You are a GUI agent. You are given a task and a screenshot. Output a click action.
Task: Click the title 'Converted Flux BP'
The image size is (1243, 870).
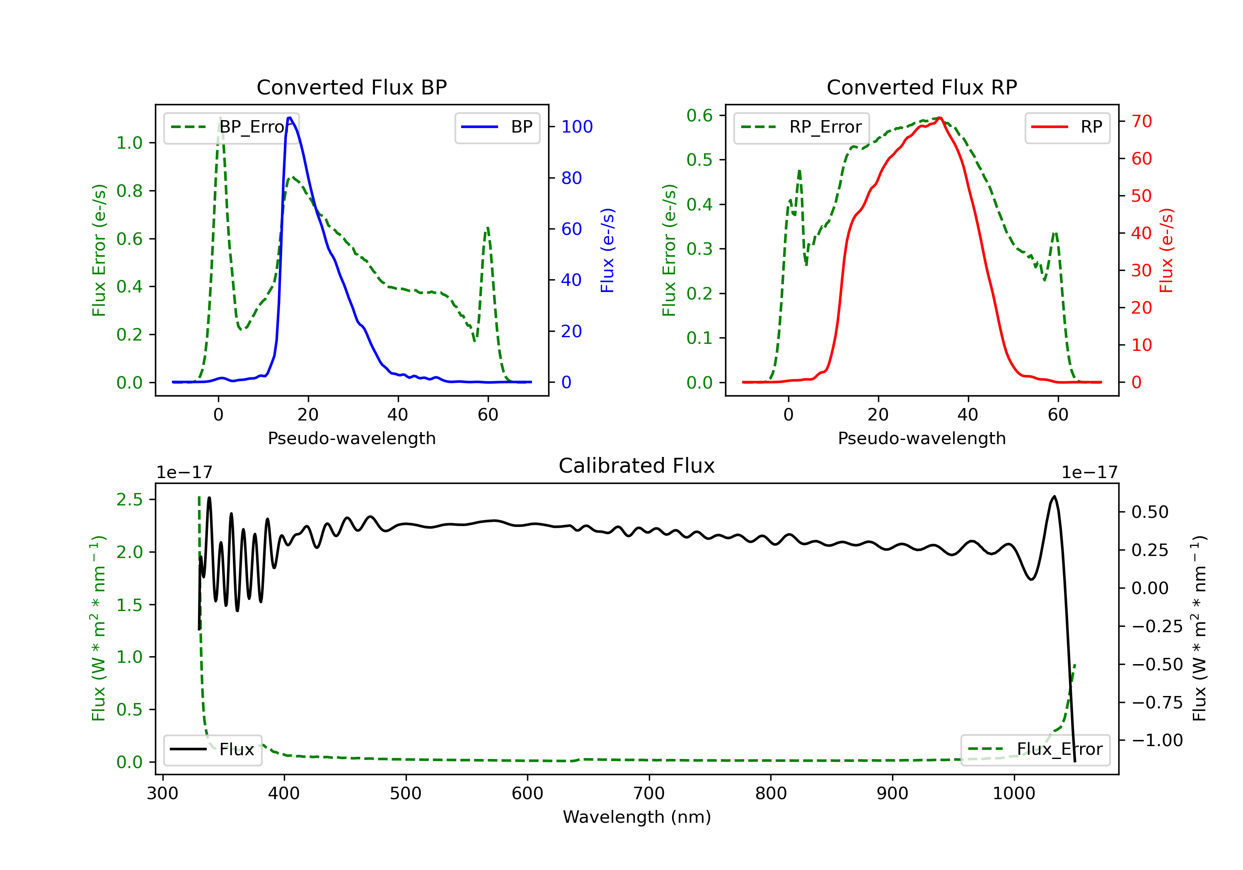351,87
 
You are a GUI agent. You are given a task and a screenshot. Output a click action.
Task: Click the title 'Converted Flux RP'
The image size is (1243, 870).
921,87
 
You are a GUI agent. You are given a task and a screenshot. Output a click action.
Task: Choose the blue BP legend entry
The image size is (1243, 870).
497,127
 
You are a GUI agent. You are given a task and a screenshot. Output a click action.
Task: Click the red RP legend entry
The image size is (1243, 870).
1067,127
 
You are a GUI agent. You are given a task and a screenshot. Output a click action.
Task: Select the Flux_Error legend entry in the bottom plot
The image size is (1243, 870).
1035,749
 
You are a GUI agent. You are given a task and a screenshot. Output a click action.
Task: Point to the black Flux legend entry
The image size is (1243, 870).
212,749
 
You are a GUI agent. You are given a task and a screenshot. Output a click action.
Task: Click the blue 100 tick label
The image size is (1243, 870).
577,127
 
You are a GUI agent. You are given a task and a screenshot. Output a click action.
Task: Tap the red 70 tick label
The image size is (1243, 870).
1142,121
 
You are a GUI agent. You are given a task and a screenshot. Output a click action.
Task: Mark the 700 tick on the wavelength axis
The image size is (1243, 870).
648,794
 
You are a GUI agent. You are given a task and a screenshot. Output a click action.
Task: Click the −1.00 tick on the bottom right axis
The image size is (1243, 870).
1157,740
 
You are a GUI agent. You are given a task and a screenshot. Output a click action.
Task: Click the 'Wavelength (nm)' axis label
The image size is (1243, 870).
637,817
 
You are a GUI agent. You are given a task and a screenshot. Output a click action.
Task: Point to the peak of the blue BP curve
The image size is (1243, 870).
290,118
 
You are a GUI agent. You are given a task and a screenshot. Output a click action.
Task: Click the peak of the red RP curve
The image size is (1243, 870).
940,118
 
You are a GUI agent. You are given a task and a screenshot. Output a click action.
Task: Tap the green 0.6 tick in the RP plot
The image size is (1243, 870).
699,115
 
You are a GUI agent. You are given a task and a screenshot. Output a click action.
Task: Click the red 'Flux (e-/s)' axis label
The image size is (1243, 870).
1166,251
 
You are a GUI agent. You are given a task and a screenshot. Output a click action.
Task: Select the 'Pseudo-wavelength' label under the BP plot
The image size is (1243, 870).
351,438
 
